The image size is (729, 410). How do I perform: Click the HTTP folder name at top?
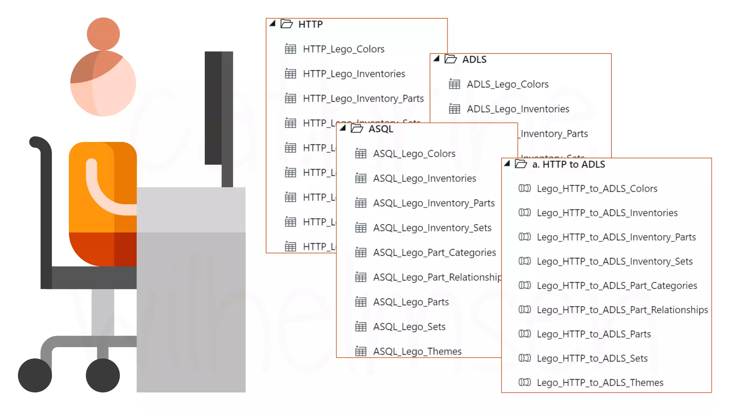click(x=310, y=24)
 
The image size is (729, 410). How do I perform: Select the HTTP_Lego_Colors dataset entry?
click(x=343, y=49)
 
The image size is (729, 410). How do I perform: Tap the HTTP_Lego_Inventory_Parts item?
click(x=363, y=99)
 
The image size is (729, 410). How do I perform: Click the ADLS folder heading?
click(x=474, y=59)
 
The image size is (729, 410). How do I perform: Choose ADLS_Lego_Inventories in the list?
click(x=518, y=109)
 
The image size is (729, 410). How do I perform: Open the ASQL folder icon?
click(x=357, y=128)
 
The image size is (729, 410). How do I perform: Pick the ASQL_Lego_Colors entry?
click(x=414, y=154)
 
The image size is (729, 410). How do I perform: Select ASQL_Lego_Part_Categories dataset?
click(x=434, y=253)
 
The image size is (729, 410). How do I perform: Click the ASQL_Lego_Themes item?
click(x=417, y=352)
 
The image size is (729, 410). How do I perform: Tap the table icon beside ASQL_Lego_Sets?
click(x=361, y=326)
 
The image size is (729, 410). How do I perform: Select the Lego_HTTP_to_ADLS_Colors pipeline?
click(x=597, y=189)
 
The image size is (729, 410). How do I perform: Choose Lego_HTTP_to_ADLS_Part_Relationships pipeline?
click(x=622, y=310)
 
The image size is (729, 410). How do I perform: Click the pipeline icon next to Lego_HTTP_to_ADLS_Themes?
click(x=525, y=382)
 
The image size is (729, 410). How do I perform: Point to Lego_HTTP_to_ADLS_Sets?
click(x=592, y=358)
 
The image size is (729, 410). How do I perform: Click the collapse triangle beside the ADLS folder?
click(x=436, y=59)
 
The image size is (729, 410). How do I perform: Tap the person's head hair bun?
click(x=103, y=34)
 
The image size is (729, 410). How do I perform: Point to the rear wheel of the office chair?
click(x=35, y=375)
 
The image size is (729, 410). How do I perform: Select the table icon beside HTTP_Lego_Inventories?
click(x=290, y=74)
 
